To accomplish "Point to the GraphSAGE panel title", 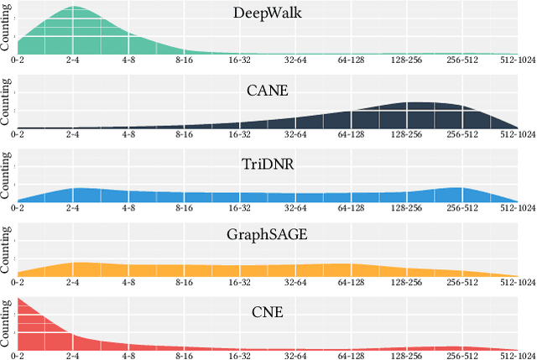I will pos(268,236).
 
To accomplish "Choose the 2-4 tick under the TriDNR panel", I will pos(73,208).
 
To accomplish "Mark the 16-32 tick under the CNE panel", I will pos(240,355).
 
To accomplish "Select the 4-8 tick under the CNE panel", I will pos(128,355).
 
